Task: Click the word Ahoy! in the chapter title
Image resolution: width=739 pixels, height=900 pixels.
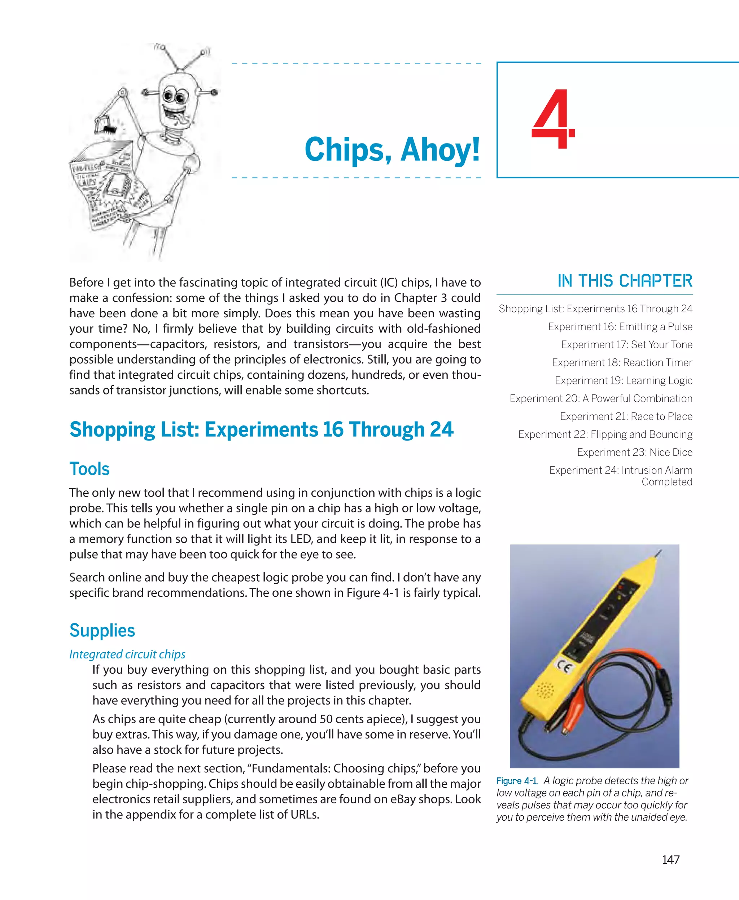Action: (x=440, y=150)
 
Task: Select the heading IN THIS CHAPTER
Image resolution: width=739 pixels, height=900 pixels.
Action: (x=625, y=281)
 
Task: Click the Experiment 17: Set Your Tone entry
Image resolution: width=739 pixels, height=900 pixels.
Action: (x=626, y=345)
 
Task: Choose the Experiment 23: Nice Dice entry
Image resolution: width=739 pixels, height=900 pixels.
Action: (x=634, y=453)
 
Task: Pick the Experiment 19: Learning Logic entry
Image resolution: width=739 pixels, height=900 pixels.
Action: (x=623, y=381)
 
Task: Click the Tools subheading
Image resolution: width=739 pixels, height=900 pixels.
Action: (x=89, y=469)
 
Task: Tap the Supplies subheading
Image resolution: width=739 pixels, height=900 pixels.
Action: (x=102, y=630)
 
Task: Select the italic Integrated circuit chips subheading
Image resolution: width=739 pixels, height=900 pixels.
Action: (x=127, y=654)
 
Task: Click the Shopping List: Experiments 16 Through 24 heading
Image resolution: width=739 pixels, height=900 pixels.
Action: (x=261, y=429)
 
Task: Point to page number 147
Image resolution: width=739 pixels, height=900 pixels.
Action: (x=670, y=860)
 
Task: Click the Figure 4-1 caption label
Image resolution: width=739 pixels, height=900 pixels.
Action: (x=517, y=781)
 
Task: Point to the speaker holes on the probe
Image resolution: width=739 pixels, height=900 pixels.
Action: (x=545, y=691)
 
